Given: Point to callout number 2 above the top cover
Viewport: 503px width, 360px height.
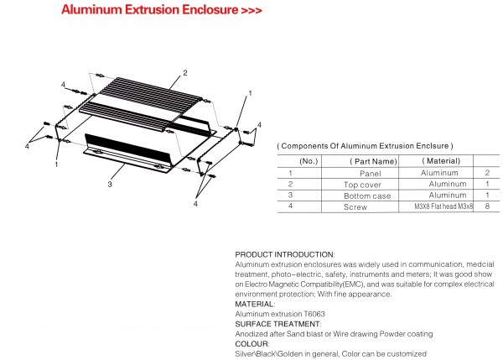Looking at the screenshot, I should [184, 73].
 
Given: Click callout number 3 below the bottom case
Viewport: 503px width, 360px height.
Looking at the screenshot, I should [110, 183].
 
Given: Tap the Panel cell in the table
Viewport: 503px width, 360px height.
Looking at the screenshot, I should [370, 172].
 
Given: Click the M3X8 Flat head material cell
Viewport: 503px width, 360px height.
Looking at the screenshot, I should [443, 206].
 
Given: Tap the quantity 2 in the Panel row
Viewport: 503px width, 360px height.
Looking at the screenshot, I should [486, 172].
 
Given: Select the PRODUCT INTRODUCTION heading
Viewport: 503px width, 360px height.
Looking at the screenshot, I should [284, 253].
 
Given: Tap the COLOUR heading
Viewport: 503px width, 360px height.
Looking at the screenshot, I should [252, 344].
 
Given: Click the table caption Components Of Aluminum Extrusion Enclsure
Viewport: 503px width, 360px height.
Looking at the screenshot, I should [366, 146].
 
